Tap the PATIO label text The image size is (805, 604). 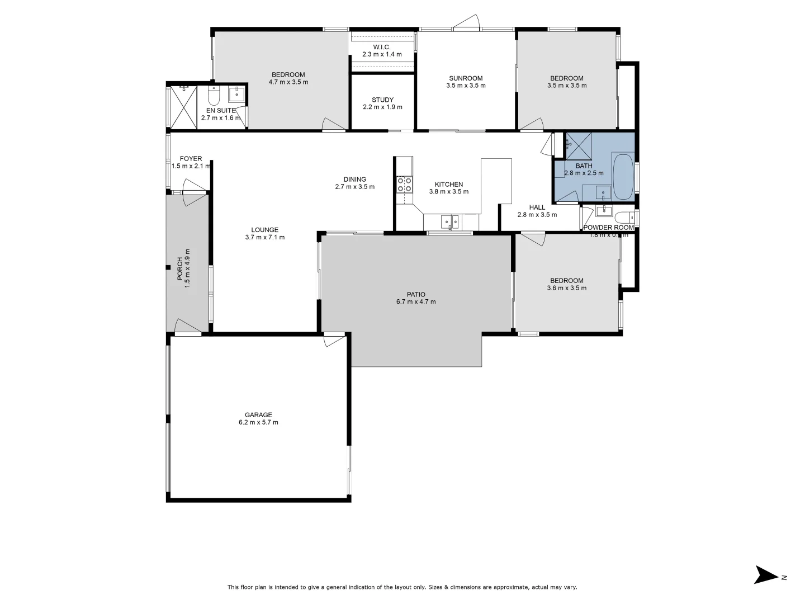(415, 294)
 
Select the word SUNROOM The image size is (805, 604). (466, 78)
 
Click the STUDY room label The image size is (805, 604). (382, 100)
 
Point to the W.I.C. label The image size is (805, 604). (382, 47)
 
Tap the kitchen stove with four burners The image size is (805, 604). (404, 185)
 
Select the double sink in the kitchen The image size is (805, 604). (450, 222)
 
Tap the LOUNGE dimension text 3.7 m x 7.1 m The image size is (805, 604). (265, 237)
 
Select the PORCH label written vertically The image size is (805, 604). (180, 268)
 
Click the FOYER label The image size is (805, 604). (191, 159)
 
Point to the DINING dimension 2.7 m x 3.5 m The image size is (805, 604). (355, 187)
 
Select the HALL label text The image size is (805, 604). (537, 207)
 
